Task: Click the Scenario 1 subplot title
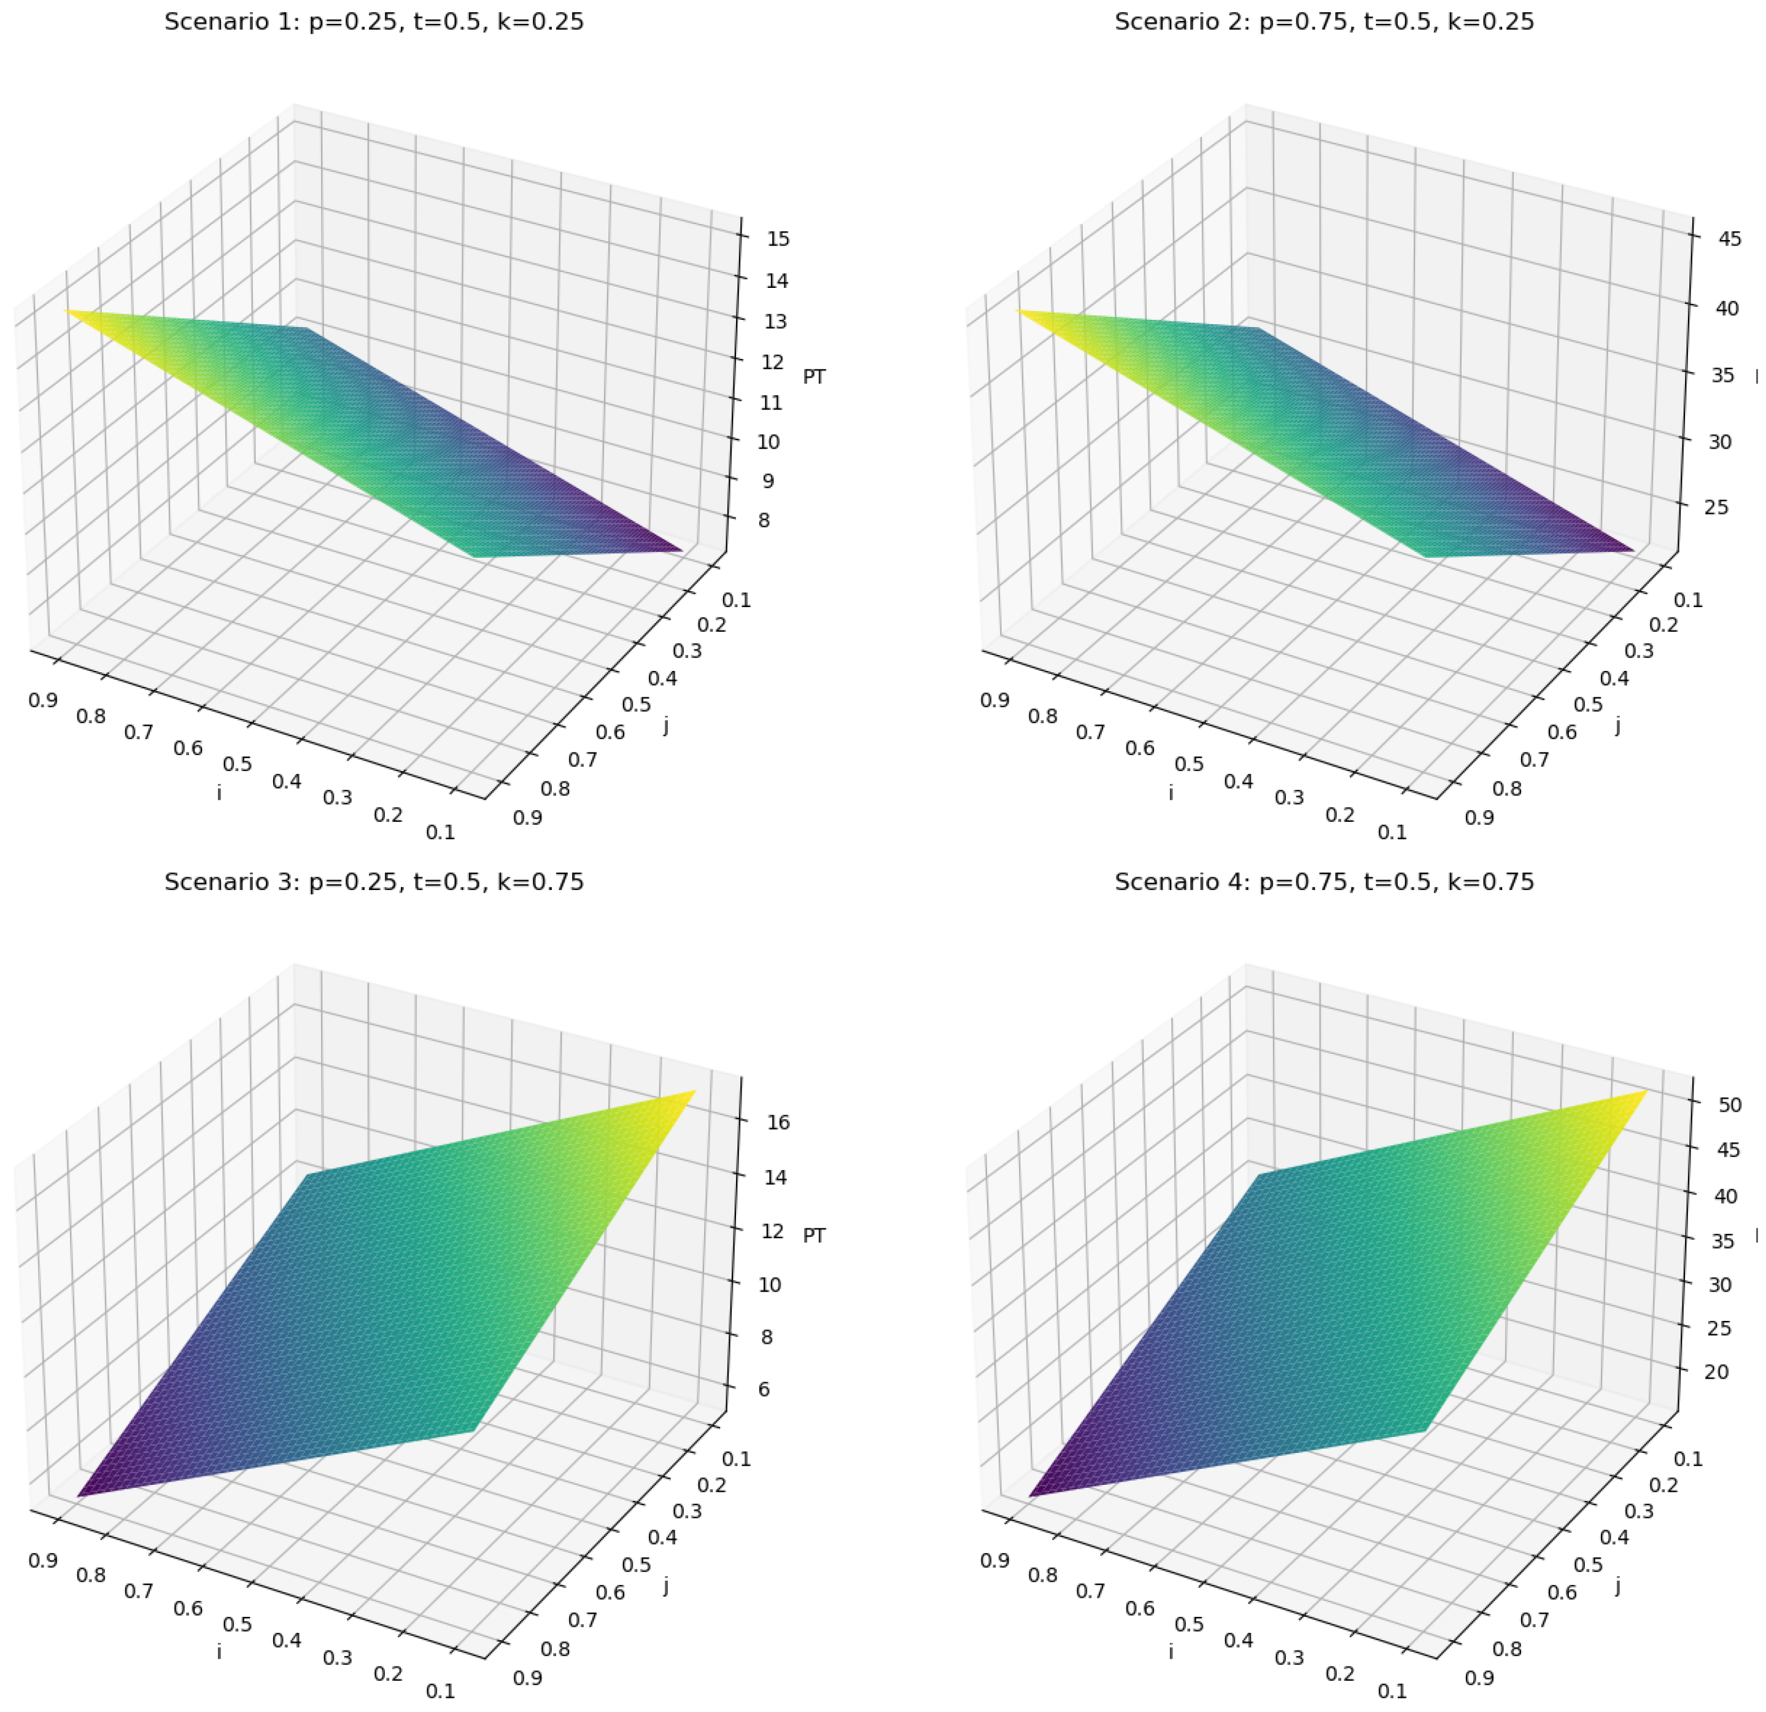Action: [374, 21]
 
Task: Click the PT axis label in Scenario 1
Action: [813, 377]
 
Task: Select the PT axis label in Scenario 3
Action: [813, 1235]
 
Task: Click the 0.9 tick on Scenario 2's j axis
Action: [1479, 817]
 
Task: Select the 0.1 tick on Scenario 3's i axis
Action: [441, 1691]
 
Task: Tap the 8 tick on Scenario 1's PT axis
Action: [764, 521]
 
